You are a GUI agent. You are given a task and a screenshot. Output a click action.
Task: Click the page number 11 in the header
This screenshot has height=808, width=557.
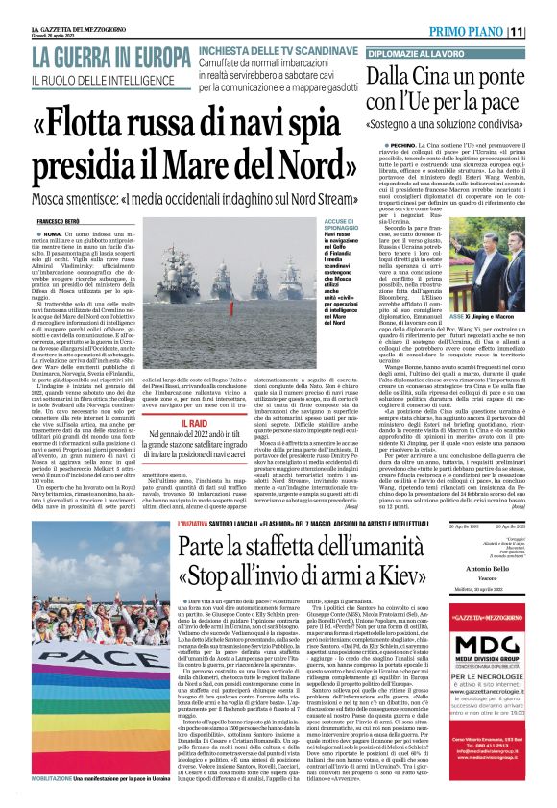[543, 31]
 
